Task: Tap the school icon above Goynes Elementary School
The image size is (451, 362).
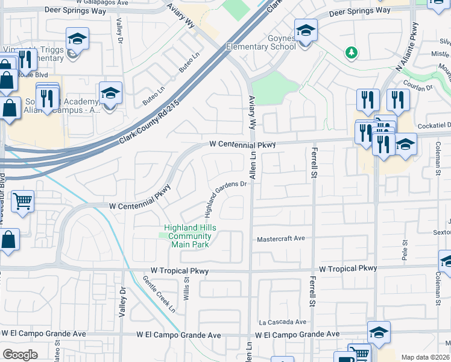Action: (x=306, y=30)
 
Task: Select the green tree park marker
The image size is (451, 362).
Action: (x=351, y=53)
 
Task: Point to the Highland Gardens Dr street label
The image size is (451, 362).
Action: (x=226, y=198)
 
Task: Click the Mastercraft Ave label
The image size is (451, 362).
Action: (x=282, y=239)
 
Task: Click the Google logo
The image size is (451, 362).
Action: (x=20, y=354)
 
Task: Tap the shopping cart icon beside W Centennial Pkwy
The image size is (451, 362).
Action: (x=22, y=201)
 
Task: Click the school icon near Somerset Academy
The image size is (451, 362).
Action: (x=110, y=94)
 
